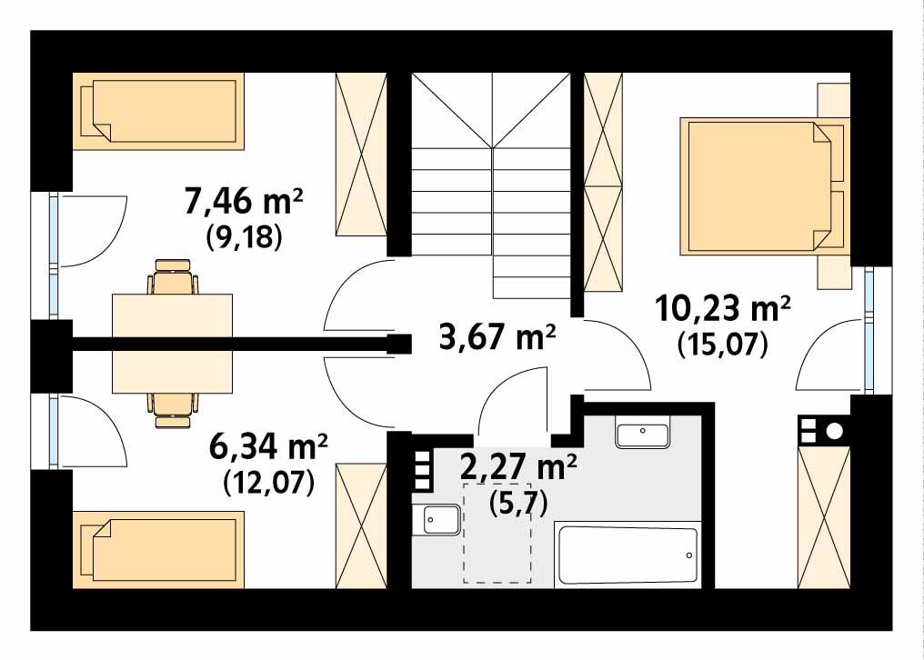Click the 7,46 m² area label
[244, 201]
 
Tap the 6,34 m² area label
[268, 448]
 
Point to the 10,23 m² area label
[723, 310]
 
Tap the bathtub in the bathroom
[628, 555]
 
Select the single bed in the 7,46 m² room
[158, 112]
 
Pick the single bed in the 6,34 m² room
[158, 549]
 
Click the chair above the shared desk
[172, 276]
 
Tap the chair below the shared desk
[172, 409]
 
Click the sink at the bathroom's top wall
[643, 435]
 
